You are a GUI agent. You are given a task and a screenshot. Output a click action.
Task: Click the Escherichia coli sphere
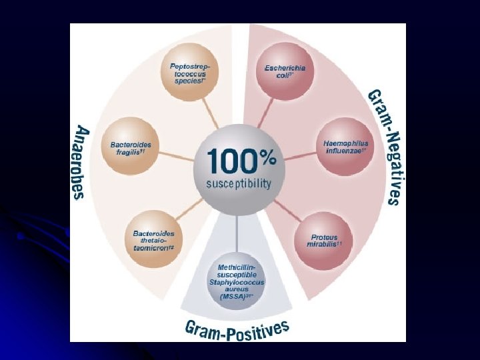click(285, 71)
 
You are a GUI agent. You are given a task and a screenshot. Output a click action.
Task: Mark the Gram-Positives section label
click(237, 329)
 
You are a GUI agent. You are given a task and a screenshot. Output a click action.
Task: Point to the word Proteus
click(325, 237)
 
